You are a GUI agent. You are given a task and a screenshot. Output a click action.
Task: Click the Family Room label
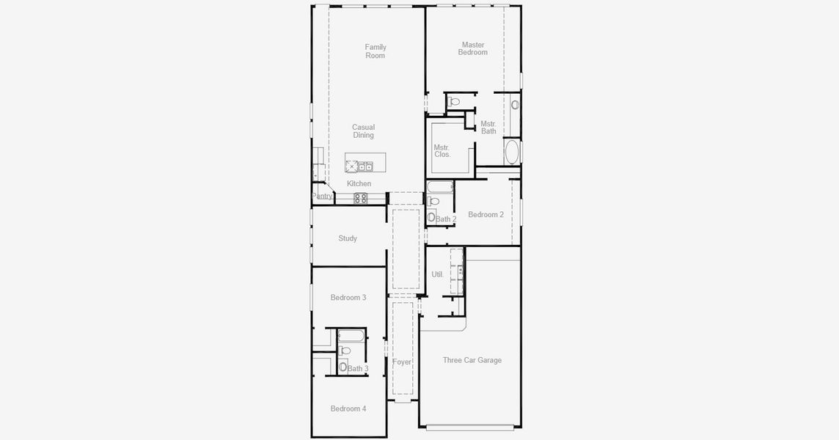tap(375, 51)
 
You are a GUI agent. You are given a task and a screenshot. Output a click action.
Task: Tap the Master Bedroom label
tap(473, 48)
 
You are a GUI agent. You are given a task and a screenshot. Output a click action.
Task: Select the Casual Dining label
tap(363, 131)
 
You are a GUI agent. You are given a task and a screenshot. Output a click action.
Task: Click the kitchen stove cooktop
tap(361, 197)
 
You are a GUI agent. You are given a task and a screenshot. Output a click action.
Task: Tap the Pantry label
tap(323, 196)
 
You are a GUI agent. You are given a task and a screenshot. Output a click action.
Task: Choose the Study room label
tap(348, 238)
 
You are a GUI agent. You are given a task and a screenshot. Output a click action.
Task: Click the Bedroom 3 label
tap(348, 297)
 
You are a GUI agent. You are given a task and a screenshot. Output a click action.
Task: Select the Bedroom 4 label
tap(348, 408)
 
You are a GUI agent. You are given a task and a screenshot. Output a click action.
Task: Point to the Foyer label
tap(402, 362)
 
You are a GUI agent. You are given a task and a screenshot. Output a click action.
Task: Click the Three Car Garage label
tap(472, 360)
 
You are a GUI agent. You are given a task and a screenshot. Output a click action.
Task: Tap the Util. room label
tap(437, 274)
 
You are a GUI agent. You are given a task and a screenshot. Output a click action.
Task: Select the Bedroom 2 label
tap(486, 215)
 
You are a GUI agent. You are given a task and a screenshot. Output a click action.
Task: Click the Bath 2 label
tap(446, 219)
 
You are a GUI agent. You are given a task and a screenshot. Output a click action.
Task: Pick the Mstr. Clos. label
tap(442, 151)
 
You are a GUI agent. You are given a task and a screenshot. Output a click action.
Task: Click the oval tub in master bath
tap(512, 152)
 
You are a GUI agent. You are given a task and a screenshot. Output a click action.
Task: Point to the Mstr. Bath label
tap(488, 128)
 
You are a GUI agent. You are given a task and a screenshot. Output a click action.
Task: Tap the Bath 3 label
tap(358, 368)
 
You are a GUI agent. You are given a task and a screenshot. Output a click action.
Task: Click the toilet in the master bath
tap(454, 102)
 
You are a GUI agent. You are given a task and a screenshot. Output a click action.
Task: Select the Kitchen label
tap(359, 183)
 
